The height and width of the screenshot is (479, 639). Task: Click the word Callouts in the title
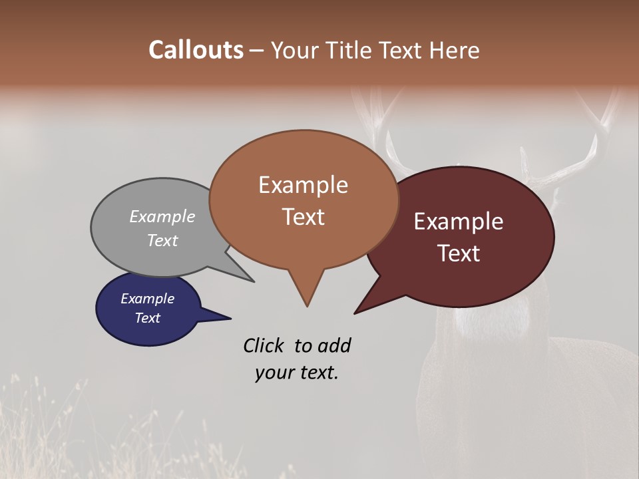[196, 50]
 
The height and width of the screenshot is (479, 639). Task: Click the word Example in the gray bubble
[162, 216]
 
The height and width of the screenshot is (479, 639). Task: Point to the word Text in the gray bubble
[162, 240]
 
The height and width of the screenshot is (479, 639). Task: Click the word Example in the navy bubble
[147, 299]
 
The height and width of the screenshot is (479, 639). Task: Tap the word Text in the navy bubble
[147, 318]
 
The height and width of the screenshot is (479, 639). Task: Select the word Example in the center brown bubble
[303, 185]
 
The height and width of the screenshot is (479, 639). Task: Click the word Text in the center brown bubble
[303, 217]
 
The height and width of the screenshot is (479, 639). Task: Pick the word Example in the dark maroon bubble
[459, 222]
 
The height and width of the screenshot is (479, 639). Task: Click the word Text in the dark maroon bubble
[459, 253]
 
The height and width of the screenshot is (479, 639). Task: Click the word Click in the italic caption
[264, 345]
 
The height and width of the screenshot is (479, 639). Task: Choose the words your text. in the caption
[296, 373]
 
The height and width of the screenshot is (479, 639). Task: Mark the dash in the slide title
[257, 51]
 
